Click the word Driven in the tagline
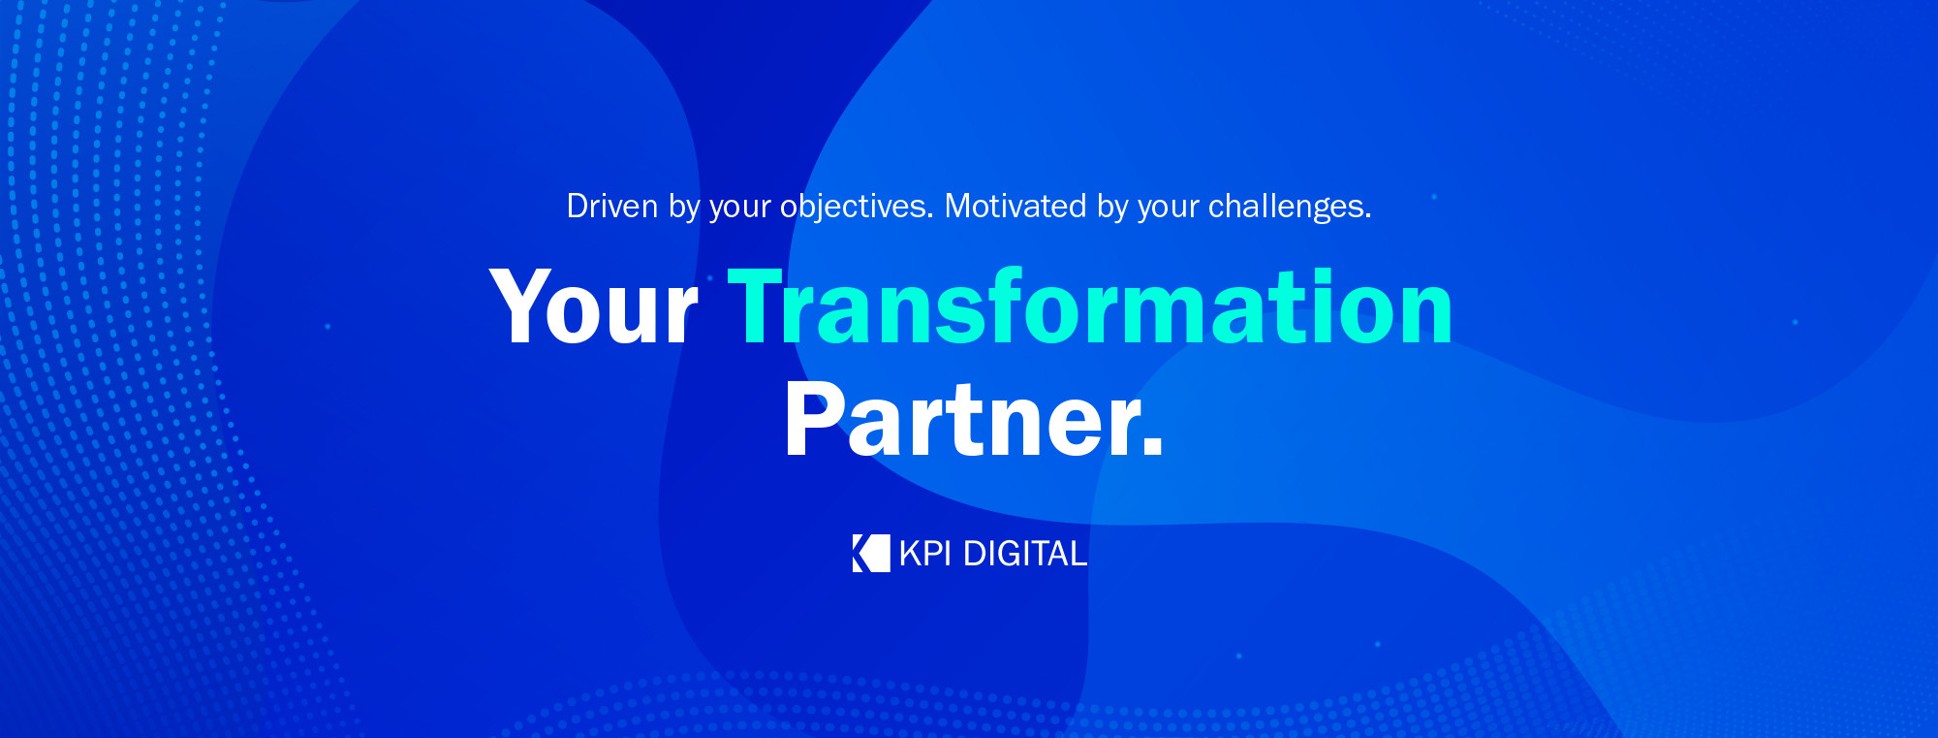click(612, 207)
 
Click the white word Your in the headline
click(594, 306)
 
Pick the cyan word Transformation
click(1090, 305)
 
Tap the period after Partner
click(1152, 445)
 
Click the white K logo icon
click(871, 553)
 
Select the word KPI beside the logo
click(925, 554)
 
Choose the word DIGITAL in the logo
click(1025, 554)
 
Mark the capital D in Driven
click(578, 207)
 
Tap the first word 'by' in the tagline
click(684, 209)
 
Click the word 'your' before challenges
click(1169, 211)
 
